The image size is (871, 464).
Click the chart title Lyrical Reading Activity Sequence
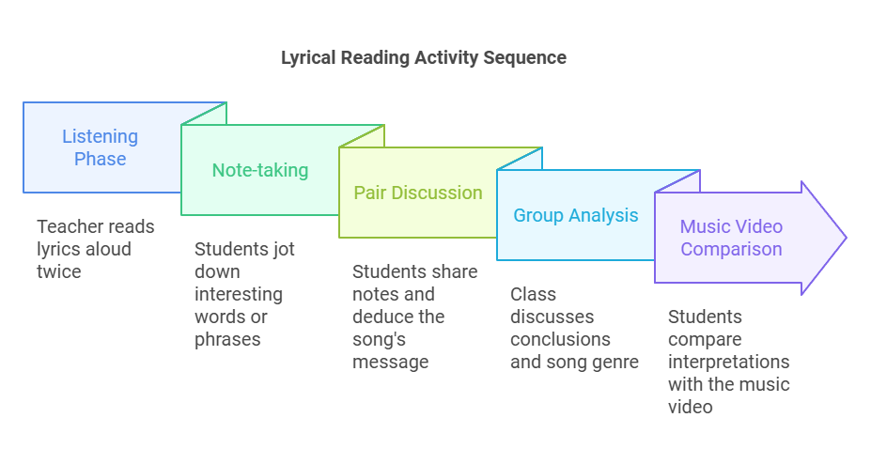(424, 57)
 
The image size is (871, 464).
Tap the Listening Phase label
(100, 147)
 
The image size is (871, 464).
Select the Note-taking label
(259, 170)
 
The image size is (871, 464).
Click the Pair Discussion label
(418, 193)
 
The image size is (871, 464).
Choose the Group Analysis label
(575, 215)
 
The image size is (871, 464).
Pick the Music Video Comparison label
(731, 238)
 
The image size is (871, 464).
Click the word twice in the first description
(58, 271)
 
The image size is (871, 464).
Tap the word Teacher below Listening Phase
(68, 226)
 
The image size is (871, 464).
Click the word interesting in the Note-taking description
(238, 294)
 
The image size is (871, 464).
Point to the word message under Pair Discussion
(390, 362)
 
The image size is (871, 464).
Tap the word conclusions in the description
(560, 339)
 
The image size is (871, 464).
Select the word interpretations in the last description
(728, 362)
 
